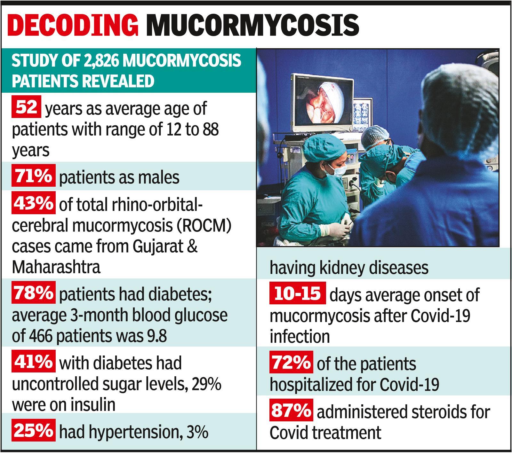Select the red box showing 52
[26, 107]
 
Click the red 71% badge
[33, 176]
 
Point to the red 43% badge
[33, 203]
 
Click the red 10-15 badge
[298, 293]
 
